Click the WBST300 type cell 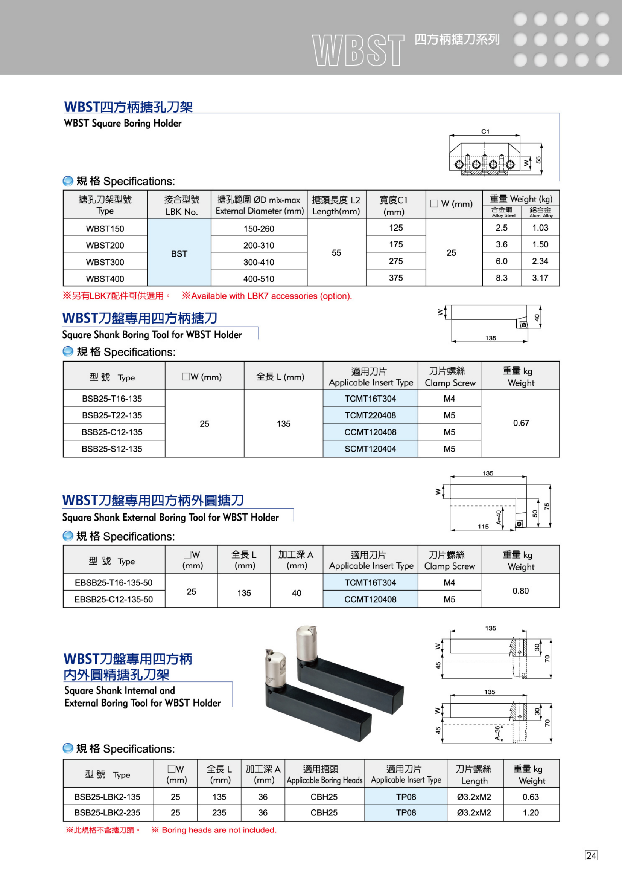pos(105,262)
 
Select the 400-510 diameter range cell pos(259,279)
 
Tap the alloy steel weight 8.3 pos(501,278)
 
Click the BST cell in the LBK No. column pos(179,253)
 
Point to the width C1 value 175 pos(395,244)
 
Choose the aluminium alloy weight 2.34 pos(540,261)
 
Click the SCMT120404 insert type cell pos(370,449)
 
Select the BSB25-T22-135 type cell pos(112,415)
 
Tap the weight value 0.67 pos(521,423)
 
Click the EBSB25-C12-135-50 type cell pos(113,599)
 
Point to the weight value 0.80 pos(520,591)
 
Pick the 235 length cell pos(219,813)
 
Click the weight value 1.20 pos(531,813)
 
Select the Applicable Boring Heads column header pos(324,774)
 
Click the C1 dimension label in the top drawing pos(485,131)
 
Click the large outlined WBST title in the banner pos(358,50)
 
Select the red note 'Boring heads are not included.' pos(219,830)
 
